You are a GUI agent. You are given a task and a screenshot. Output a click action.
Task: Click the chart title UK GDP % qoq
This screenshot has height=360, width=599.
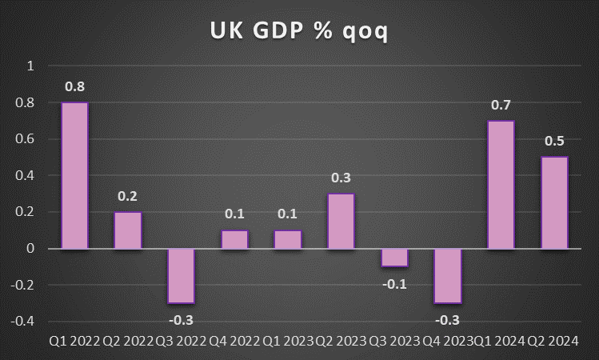click(299, 31)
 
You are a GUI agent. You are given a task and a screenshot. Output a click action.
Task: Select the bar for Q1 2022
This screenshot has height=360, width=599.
click(74, 175)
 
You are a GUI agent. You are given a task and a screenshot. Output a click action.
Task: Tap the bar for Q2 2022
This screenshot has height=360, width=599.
click(128, 230)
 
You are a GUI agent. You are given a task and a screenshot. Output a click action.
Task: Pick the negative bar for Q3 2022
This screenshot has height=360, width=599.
click(181, 275)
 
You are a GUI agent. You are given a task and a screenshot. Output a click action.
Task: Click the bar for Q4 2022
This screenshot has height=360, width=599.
click(234, 239)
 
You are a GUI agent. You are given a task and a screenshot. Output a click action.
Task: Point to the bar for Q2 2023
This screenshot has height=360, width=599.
click(341, 221)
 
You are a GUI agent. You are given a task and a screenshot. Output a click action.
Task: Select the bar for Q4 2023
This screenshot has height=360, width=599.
click(448, 275)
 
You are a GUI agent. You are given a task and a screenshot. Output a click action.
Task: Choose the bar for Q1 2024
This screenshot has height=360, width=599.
click(501, 185)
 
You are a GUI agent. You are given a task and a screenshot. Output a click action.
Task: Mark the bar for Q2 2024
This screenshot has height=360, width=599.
click(554, 202)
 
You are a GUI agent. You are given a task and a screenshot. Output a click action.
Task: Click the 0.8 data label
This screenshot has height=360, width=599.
click(74, 86)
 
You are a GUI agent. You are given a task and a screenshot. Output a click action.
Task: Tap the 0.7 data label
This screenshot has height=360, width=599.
click(501, 105)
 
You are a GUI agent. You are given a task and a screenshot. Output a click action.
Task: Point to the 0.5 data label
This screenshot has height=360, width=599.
click(554, 141)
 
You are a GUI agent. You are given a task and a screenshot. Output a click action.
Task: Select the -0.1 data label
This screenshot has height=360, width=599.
click(394, 283)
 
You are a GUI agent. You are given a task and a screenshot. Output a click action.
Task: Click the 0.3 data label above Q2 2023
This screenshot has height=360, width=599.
click(341, 178)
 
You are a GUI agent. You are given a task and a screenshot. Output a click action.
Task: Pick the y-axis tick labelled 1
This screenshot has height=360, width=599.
click(31, 66)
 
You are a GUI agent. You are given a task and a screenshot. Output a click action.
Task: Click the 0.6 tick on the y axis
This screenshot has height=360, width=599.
click(26, 139)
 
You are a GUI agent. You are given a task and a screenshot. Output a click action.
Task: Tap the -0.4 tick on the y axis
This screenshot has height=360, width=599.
click(24, 321)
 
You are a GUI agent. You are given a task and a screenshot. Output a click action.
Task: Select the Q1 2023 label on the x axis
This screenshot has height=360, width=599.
click(287, 342)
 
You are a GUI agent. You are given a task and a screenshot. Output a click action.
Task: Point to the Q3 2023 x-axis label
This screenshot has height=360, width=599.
click(394, 342)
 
